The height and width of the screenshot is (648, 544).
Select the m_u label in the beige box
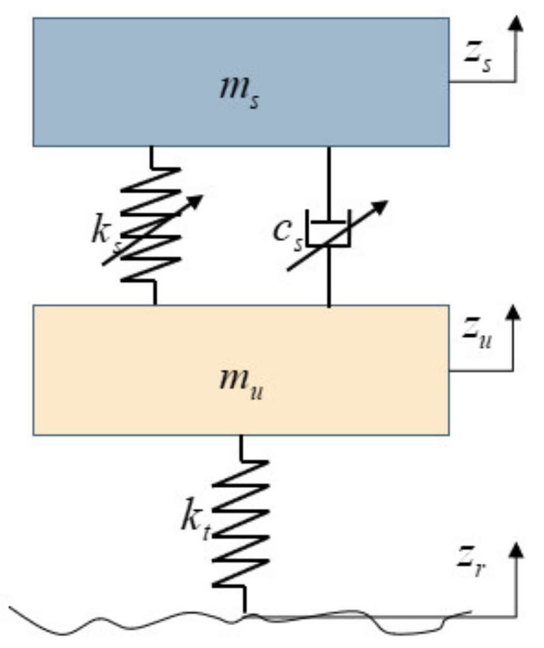click(240, 386)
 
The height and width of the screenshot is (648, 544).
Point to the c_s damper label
click(287, 232)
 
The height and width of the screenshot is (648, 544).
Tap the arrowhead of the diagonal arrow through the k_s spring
click(196, 200)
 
